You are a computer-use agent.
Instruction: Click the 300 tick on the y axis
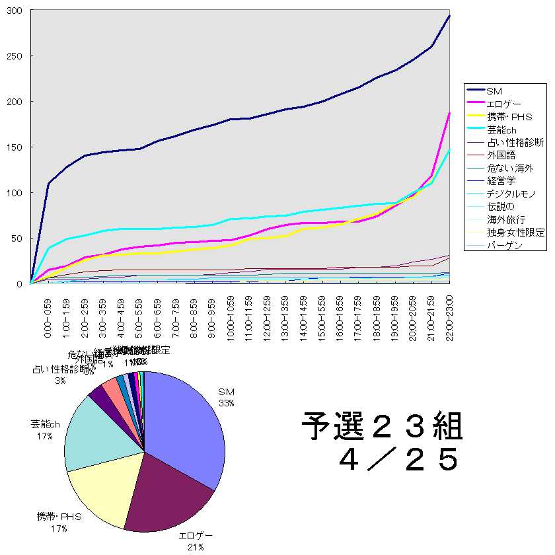(x=15, y=11)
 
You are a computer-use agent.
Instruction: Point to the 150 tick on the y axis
(x=15, y=147)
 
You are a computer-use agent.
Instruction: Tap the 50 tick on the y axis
(x=18, y=239)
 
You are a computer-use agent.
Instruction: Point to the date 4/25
(x=396, y=460)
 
